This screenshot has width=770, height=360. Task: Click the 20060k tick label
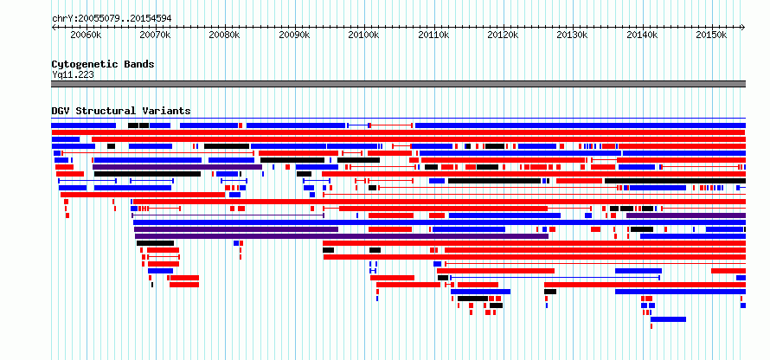point(86,35)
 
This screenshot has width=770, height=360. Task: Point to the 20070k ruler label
point(155,35)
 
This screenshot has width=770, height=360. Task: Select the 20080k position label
point(224,35)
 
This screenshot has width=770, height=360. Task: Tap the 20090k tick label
point(294,35)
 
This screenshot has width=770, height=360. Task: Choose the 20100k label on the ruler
point(363,35)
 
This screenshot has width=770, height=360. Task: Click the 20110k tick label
point(433,35)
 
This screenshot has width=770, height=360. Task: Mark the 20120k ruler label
point(503,35)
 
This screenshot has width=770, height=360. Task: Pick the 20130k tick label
point(572,35)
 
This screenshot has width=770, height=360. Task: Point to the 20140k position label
point(642,35)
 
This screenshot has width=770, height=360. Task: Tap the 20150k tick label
point(711,35)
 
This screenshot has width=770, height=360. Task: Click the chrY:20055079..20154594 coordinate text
point(112,19)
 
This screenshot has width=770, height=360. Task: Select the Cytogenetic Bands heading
point(103,64)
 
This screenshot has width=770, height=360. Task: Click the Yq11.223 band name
point(73,75)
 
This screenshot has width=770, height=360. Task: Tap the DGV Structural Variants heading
point(121,111)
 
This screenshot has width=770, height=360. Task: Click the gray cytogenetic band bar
point(398,84)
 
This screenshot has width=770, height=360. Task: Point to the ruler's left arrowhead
point(53,28)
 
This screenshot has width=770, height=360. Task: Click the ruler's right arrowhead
point(743,28)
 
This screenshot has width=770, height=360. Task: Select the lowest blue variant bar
point(668,319)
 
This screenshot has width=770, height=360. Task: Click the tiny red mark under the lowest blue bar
point(651,326)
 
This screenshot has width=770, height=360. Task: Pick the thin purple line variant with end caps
point(228,215)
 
